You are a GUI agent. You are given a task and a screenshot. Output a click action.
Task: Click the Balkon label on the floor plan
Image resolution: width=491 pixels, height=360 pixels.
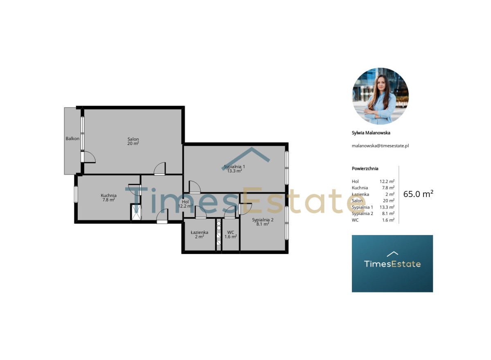coord(72,139)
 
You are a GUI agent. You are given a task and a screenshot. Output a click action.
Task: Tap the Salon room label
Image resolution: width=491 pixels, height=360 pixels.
coord(133,139)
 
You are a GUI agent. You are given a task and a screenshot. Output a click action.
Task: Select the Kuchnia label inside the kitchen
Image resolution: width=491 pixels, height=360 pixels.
coord(109,195)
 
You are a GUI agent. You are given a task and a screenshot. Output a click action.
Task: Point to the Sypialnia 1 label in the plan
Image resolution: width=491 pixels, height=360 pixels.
coord(234,167)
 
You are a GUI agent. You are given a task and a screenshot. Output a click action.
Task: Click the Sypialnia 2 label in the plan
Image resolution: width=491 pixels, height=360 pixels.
coord(263,220)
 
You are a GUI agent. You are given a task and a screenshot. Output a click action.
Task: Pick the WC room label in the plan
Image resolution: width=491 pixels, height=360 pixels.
coord(231,232)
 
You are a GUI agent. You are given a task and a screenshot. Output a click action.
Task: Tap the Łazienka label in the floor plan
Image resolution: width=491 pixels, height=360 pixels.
coord(200,232)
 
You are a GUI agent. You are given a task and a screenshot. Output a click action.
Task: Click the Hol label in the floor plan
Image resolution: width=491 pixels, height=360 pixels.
coord(185,202)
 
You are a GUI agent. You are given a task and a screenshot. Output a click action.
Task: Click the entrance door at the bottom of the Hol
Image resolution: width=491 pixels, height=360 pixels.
coord(162,216)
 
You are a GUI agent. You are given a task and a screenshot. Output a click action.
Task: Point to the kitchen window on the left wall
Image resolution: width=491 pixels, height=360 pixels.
coord(76,194)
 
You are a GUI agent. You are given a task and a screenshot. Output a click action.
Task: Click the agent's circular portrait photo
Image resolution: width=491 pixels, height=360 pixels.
coord(380,96)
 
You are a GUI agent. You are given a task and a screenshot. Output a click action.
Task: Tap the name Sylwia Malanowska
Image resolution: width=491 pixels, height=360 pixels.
coord(371,133)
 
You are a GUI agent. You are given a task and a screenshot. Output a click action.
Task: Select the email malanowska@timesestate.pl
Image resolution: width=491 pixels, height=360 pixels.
coord(380,146)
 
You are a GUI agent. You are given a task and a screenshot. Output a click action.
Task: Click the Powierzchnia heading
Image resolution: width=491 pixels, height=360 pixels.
coord(365,168)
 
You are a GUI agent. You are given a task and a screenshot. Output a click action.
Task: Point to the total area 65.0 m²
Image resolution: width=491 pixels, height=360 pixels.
coord(418,194)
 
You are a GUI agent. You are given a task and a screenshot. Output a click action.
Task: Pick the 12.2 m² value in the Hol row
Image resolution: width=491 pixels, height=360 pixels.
coord(387,181)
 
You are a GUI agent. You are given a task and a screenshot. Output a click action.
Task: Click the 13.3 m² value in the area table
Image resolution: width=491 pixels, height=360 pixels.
coord(387,207)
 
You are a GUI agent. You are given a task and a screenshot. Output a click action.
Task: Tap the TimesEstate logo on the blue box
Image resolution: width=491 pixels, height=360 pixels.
coord(392,261)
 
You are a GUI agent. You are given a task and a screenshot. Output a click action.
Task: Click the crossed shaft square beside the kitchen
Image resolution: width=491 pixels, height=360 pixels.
coord(136,212)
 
